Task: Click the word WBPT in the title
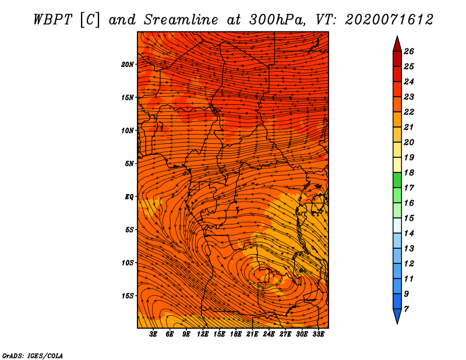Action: [53, 20]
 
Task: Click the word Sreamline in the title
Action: [181, 20]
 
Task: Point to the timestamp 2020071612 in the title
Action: [389, 20]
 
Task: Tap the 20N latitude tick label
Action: [128, 65]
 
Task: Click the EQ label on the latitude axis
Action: [129, 197]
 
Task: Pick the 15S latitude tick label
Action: [128, 296]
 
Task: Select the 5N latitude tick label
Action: [129, 164]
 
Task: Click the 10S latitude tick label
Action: [128, 263]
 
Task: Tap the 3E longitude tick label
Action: [153, 334]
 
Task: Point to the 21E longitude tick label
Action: [252, 334]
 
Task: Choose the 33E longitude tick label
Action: [318, 334]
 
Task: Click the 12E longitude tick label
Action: [203, 334]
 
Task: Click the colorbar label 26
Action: [409, 51]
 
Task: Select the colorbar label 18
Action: [409, 172]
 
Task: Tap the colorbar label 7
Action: [406, 309]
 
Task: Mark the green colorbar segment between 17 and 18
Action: [397, 180]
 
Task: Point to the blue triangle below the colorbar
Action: [397, 315]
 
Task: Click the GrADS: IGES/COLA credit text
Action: [33, 356]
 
